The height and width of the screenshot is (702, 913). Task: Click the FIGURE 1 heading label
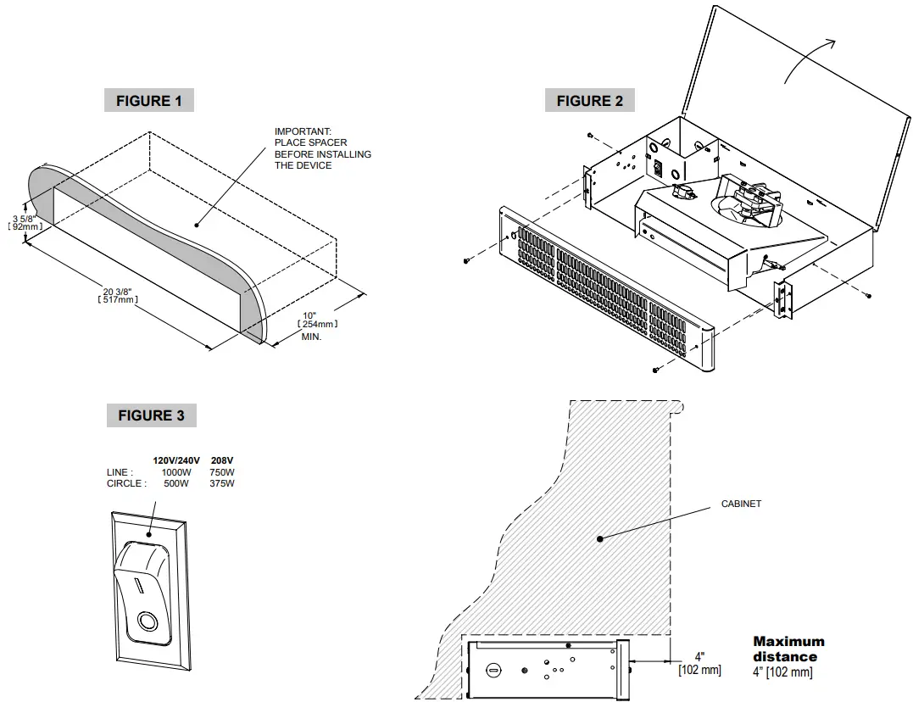click(149, 101)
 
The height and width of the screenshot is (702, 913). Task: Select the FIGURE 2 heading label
click(589, 101)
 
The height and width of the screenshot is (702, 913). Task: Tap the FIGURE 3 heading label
click(151, 415)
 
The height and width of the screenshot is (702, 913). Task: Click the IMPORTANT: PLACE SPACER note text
click(322, 148)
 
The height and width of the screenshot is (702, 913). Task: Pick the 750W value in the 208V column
click(222, 472)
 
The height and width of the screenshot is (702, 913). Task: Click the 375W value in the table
click(222, 483)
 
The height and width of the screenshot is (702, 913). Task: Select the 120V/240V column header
click(176, 460)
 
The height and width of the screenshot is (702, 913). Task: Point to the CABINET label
click(741, 504)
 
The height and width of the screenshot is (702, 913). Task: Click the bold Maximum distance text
click(788, 649)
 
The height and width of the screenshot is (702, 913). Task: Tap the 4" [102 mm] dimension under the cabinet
click(699, 664)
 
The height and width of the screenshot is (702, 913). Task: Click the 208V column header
click(222, 460)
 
